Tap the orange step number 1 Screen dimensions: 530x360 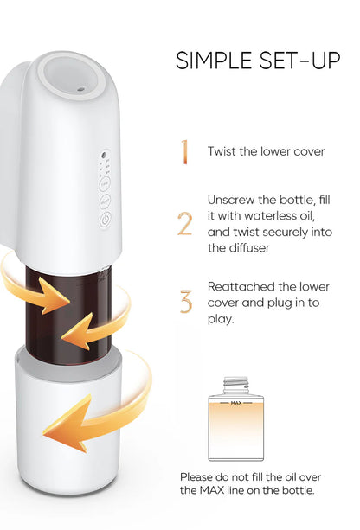click(x=183, y=151)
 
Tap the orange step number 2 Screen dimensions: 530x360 click(x=184, y=223)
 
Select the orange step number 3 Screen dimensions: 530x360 click(x=184, y=302)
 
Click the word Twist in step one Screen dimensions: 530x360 click(x=222, y=151)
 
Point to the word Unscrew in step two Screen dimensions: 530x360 click(x=231, y=199)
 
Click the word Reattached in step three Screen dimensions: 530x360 click(x=239, y=286)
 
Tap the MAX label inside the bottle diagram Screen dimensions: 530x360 click(x=236, y=402)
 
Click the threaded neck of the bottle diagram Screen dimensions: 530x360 click(x=236, y=383)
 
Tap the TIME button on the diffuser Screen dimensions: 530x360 click(x=105, y=182)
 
